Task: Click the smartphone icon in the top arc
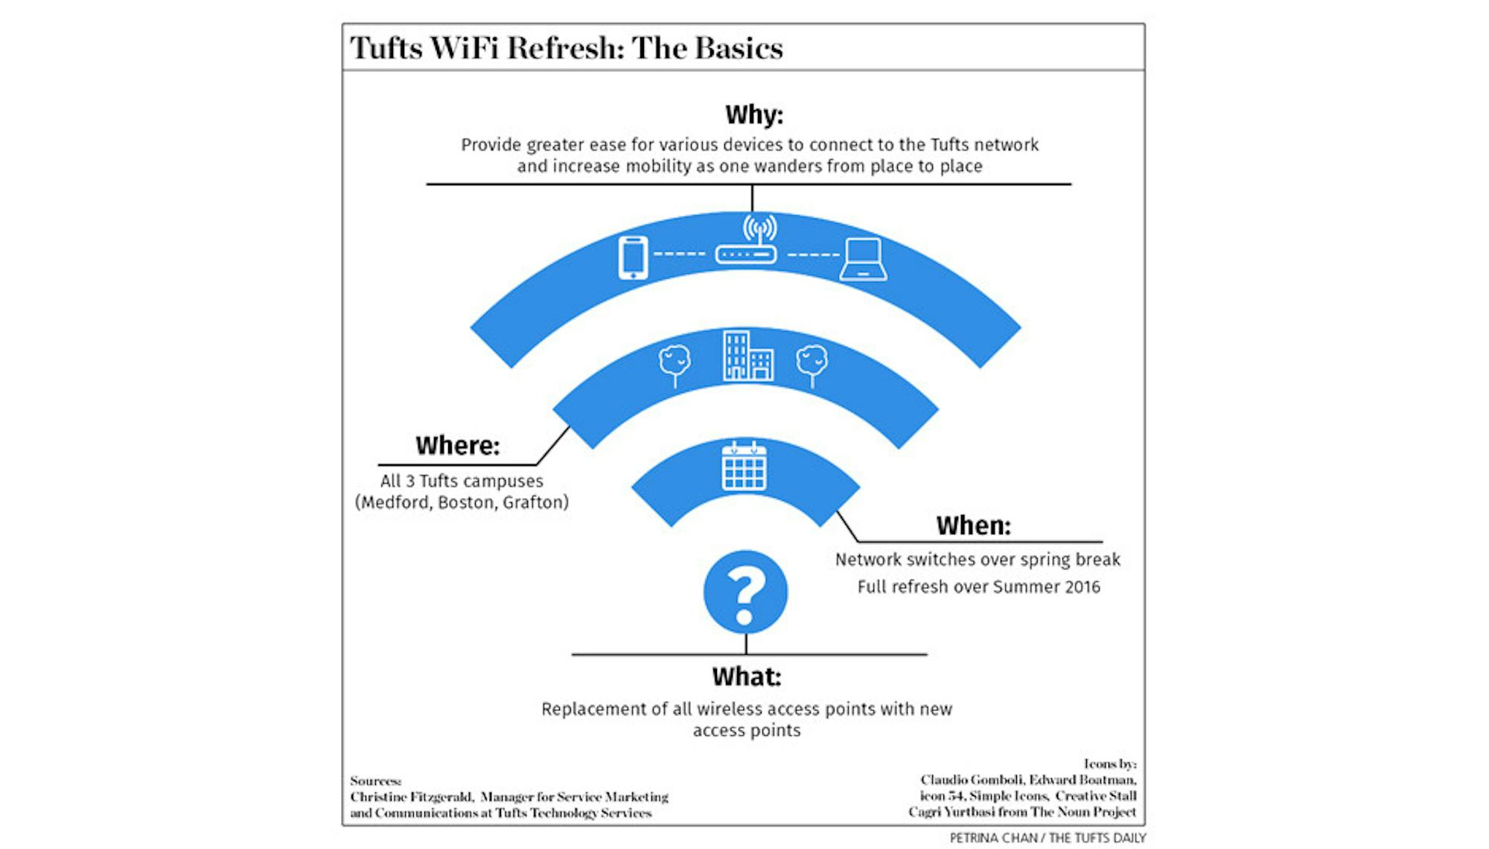tap(633, 257)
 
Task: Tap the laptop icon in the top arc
tap(864, 260)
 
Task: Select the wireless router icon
tap(747, 242)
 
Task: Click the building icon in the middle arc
tap(747, 356)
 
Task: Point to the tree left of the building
tap(675, 365)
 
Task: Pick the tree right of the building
tap(812, 365)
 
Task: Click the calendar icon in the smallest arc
tap(744, 467)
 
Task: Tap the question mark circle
tap(745, 592)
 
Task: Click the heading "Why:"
tap(753, 115)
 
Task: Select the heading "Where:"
tap(457, 446)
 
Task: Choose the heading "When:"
tap(973, 526)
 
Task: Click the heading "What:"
tap(746, 677)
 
